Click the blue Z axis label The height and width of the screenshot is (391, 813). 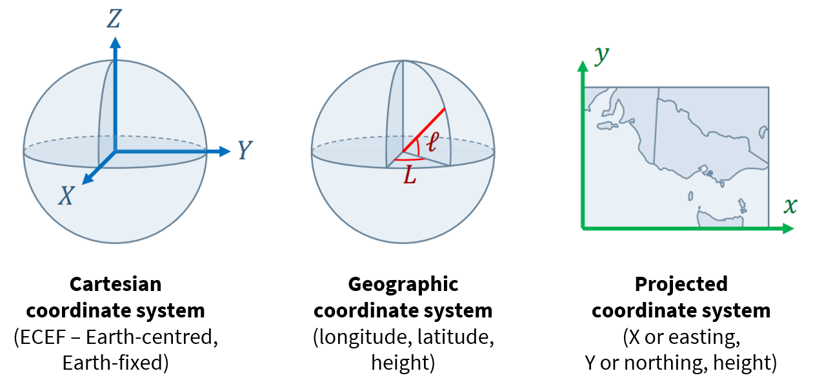(114, 19)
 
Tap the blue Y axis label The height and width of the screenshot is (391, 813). (244, 151)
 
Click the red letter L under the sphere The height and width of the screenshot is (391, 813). (410, 176)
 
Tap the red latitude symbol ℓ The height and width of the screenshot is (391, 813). (432, 140)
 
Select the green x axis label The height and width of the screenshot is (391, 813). (790, 206)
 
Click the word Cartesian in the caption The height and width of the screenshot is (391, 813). (115, 284)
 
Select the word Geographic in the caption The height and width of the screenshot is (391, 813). (403, 284)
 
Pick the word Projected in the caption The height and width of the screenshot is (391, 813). (681, 284)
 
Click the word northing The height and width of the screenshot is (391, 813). (661, 363)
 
